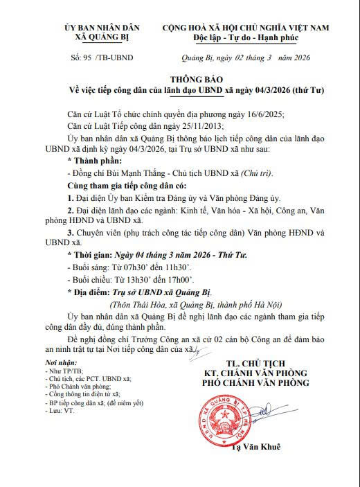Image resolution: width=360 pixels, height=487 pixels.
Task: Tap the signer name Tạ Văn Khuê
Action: click(257, 448)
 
